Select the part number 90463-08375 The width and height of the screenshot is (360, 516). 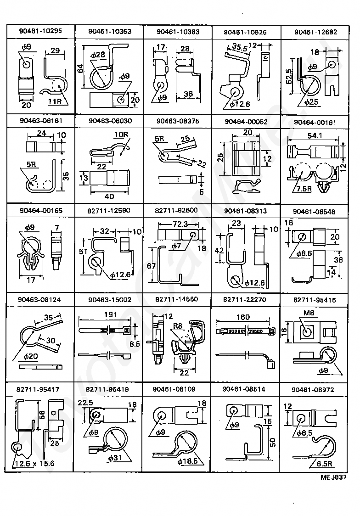pyautogui.click(x=177, y=121)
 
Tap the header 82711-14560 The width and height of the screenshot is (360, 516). pyautogui.click(x=177, y=299)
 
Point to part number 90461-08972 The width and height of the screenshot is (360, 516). pyautogui.click(x=312, y=389)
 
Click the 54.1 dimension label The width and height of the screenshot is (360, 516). pyautogui.click(x=314, y=136)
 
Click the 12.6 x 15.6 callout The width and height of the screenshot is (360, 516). pyautogui.click(x=34, y=463)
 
